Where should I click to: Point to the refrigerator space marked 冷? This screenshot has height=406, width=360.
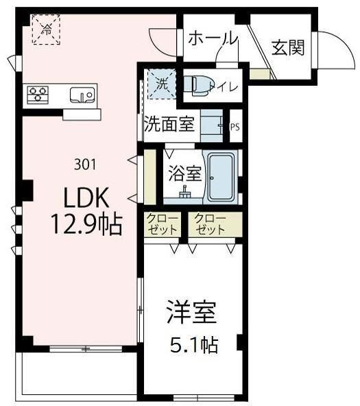[47, 29]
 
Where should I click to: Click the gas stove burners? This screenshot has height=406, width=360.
[37, 94]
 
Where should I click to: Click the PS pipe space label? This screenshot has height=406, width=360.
[235, 127]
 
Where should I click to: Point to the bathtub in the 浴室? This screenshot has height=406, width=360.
[221, 177]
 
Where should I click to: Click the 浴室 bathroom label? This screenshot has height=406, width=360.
[184, 174]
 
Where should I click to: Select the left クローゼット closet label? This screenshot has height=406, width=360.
[163, 224]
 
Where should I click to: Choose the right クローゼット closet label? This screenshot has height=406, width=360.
[208, 224]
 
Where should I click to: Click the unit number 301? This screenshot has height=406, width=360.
[84, 165]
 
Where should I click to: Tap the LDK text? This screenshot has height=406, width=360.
[85, 198]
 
